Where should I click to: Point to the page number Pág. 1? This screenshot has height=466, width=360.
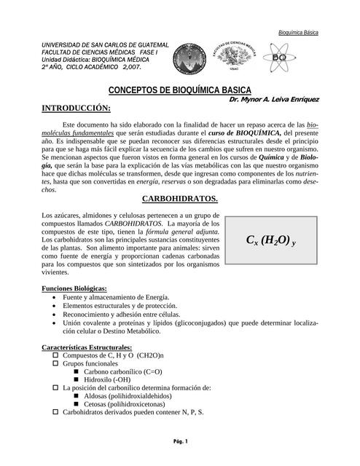(x=180, y=442)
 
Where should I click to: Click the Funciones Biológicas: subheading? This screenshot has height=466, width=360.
(x=75, y=288)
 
